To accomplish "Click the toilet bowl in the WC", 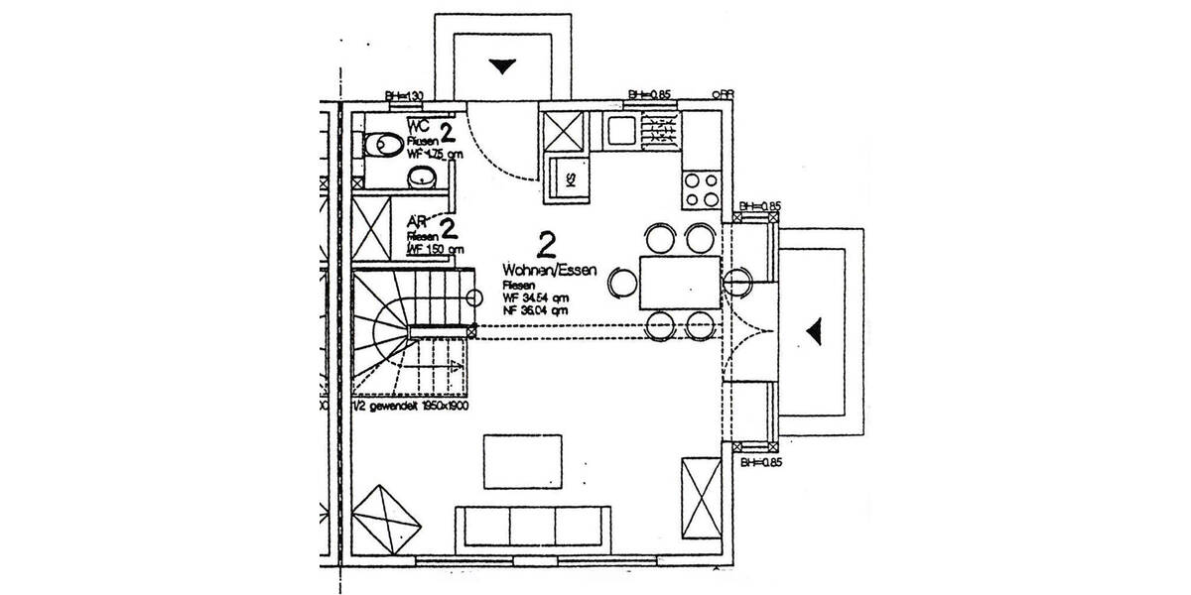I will (x=380, y=147).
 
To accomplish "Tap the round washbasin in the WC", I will (x=422, y=178).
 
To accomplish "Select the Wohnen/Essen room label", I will (x=549, y=270).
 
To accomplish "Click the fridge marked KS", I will (x=571, y=178).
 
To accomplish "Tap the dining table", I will (x=679, y=281).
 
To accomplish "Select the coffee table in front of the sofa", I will (x=519, y=461).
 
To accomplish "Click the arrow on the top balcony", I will (x=505, y=66).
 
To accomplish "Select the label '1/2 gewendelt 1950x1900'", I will (x=412, y=407).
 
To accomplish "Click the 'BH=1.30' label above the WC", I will (x=404, y=95).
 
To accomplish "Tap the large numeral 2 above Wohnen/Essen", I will (x=545, y=242).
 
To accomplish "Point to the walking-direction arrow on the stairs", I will (x=454, y=367).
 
